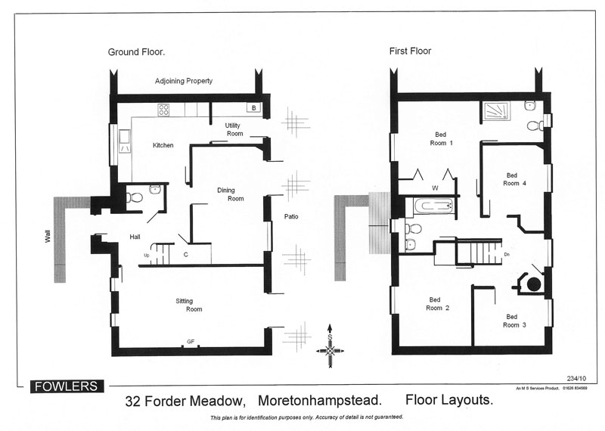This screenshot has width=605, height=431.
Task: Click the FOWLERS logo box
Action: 67,386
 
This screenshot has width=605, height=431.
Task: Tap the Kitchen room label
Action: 163,145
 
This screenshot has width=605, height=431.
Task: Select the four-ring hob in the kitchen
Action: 163,110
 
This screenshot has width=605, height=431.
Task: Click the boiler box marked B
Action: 254,108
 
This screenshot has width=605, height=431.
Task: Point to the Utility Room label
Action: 234,129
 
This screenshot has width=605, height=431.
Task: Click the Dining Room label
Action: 231,194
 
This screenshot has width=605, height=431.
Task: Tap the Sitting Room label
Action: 189,305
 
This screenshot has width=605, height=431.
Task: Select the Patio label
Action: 291,216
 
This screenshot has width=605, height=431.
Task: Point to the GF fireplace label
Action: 191,342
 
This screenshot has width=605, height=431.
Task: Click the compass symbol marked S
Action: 330,346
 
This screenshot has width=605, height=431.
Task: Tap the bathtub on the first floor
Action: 433,205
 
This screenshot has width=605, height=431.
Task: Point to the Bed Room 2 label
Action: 438,304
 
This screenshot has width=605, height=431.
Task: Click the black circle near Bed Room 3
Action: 534,284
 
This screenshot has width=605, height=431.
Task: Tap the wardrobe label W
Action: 436,188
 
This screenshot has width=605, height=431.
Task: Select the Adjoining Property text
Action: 184,81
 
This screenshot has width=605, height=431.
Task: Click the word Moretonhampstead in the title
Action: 319,400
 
